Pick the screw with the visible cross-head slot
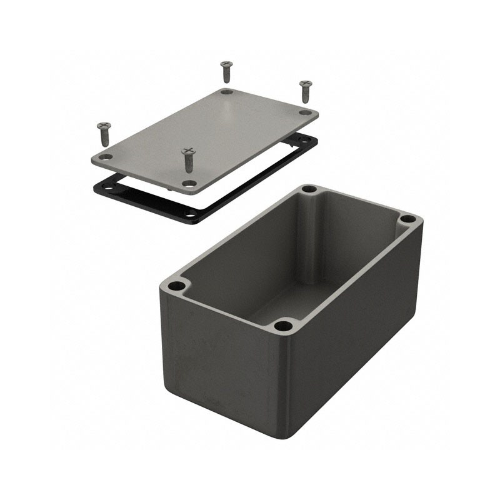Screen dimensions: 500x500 coord(188,157)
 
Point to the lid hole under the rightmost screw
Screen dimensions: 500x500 coord(305,112)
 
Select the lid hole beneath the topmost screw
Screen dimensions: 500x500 coord(227,92)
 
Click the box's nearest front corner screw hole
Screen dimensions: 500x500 coord(284,325)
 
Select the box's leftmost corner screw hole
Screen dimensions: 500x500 coord(177,286)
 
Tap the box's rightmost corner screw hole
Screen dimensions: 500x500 coord(407,219)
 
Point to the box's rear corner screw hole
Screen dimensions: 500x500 coord(308,189)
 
